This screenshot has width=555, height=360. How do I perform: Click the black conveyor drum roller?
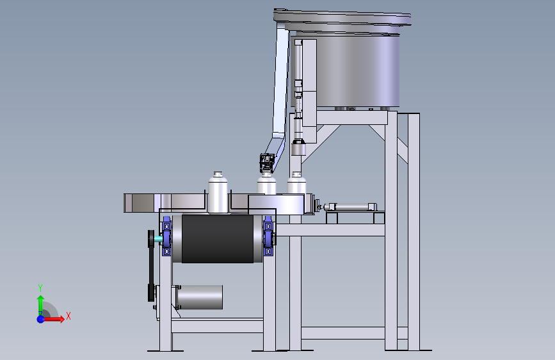218,239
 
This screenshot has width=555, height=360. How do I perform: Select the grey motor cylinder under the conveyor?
200,297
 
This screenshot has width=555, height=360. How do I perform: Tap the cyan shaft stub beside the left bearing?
158,239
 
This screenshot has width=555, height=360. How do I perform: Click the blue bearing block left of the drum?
166,236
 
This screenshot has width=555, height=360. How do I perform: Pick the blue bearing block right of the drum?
268,236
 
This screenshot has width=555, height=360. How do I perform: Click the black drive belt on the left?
151,266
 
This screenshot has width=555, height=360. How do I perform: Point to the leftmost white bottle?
218,192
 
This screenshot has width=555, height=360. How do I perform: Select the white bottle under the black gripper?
266,183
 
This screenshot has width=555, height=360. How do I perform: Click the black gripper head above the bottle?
267,163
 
